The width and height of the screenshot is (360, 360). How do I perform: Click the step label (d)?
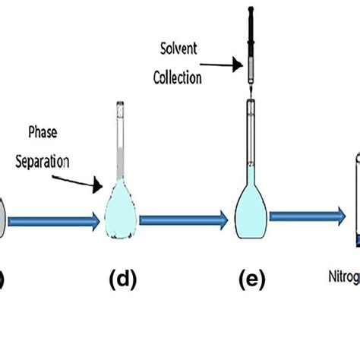click(123, 279)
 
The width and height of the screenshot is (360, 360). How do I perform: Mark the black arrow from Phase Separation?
click(88, 177)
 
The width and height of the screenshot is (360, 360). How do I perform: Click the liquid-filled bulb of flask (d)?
click(119, 209)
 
